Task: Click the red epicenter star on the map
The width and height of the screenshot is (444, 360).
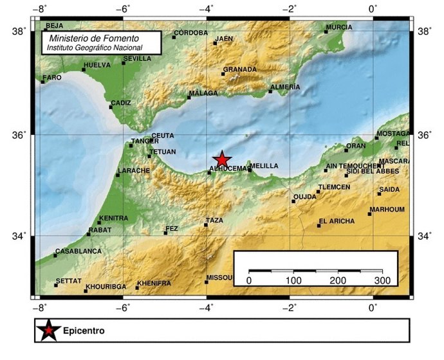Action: tap(222, 160)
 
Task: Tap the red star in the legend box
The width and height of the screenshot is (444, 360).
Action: tap(48, 331)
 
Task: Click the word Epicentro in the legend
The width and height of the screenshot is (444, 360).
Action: tap(84, 332)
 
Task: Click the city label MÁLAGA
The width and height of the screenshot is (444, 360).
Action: tap(204, 93)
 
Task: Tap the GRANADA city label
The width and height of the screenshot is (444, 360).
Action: tap(239, 69)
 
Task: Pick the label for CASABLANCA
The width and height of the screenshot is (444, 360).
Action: tap(79, 251)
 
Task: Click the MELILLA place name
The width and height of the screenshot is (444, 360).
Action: tap(264, 166)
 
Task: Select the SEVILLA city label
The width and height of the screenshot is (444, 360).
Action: tap(137, 59)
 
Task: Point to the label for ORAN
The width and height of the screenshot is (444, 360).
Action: tap(356, 146)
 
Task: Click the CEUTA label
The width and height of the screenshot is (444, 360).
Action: tap(163, 136)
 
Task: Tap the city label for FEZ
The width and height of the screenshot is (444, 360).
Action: tap(172, 228)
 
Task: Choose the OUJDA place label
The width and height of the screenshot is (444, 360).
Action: tap(304, 197)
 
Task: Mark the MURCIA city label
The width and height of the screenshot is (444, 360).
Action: tap(339, 28)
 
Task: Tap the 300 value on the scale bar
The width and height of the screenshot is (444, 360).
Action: tap(383, 281)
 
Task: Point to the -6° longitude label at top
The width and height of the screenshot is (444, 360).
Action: tap(122, 9)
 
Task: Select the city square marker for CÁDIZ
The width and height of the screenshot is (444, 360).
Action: tap(111, 107)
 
